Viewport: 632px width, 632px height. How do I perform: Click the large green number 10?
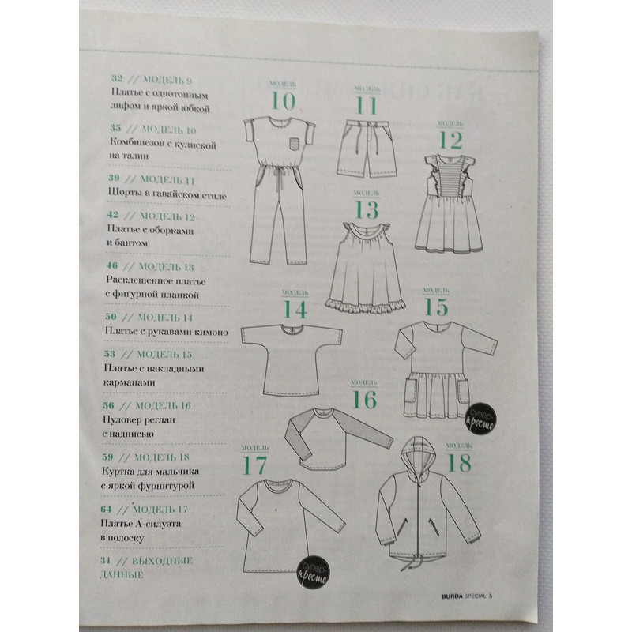[284, 101]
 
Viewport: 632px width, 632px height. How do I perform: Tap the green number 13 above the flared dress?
[367, 209]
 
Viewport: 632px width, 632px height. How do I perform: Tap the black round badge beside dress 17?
[313, 574]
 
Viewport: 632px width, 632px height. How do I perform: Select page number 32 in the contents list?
[117, 78]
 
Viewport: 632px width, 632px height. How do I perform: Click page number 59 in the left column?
[107, 457]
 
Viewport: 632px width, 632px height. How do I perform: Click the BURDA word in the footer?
[452, 596]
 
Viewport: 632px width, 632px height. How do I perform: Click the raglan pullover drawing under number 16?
[338, 438]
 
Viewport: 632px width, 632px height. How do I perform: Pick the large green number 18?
[459, 463]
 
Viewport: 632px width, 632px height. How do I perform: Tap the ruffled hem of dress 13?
[366, 305]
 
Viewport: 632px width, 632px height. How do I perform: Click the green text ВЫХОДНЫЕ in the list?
[162, 561]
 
